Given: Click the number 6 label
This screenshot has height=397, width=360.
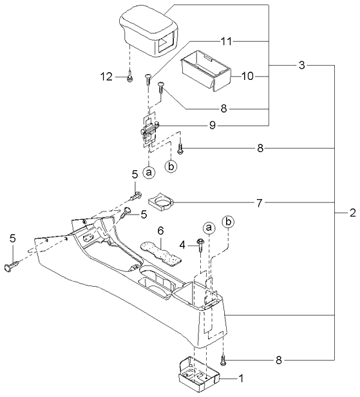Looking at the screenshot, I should (162, 230).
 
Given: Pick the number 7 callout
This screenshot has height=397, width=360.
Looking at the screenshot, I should (259, 203).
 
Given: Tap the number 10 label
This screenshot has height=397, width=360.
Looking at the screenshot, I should (248, 76).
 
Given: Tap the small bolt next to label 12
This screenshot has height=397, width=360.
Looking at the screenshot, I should (129, 77).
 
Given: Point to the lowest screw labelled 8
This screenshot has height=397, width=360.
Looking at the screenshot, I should (223, 362).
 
